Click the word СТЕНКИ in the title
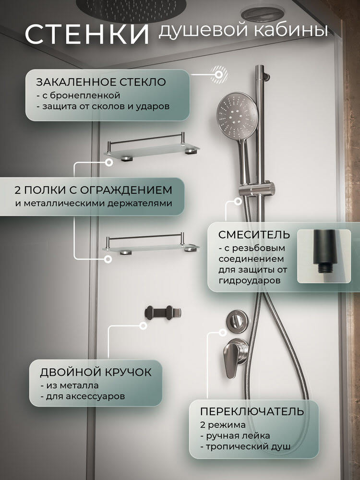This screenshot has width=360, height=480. tap(87, 34)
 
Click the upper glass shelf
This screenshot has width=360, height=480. tap(152, 147)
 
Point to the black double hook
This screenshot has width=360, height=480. tap(163, 313)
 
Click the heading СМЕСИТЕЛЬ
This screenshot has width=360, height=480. tap(254, 235)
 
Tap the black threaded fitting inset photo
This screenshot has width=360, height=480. tap(324, 256)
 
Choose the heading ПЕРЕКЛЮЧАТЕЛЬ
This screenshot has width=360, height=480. tap(252, 411)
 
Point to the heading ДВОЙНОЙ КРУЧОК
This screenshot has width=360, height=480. tap(96, 372)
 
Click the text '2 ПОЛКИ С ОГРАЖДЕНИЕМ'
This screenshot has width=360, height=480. tap(94, 190)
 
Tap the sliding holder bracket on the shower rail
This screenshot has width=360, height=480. tap(256, 189)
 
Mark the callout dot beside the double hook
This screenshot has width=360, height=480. tap(143, 326)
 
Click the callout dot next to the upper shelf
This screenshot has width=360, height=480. tap(108, 162)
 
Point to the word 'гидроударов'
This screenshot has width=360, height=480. tap(250, 281)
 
